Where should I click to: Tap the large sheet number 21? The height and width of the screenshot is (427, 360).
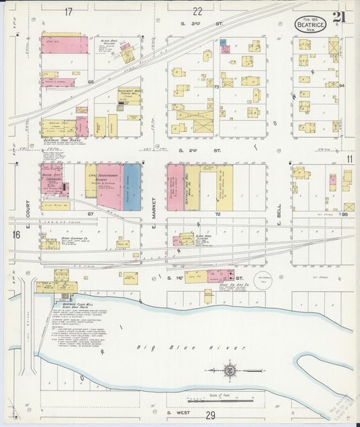pyautogui.click(x=340, y=17)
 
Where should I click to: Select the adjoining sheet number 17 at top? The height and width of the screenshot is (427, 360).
pyautogui.click(x=68, y=11)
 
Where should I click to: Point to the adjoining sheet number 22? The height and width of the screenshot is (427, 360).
pyautogui.click(x=197, y=11)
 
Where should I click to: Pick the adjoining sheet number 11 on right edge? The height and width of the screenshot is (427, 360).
pyautogui.click(x=349, y=158)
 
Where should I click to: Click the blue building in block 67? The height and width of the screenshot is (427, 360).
pyautogui.click(x=132, y=186)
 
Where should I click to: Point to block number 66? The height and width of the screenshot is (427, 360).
pyautogui.click(x=90, y=81)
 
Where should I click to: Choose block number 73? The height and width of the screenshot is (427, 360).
pyautogui.click(x=217, y=87)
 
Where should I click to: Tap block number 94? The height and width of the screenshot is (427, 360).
pyautogui.click(x=342, y=86)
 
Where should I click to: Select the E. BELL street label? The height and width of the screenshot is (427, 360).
pyautogui.click(x=278, y=213)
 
